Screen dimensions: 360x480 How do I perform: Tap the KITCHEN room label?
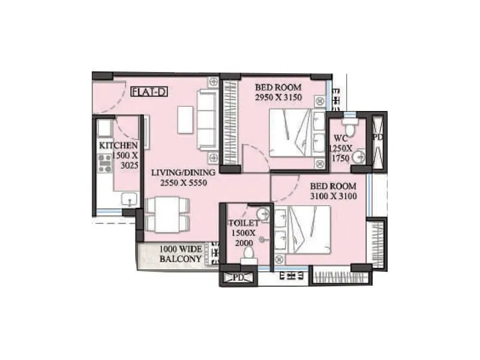tap(119, 146)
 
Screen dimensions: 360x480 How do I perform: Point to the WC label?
tap(340, 137)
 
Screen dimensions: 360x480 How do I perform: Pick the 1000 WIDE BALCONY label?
tap(180, 254)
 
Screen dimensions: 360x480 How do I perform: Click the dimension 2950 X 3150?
tap(278, 97)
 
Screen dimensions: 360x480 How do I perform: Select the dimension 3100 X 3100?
tap(334, 196)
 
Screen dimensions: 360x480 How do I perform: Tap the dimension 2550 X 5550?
tap(179, 182)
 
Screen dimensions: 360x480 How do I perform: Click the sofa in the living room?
tap(206, 119)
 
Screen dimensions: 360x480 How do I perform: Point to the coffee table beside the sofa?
tap(185, 119)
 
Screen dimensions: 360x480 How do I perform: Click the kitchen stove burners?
tap(104, 163)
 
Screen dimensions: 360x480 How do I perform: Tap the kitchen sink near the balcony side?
tap(128, 199)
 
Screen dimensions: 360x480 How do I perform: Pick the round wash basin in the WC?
tap(358, 157)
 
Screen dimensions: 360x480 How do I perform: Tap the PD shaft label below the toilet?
tap(238, 278)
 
